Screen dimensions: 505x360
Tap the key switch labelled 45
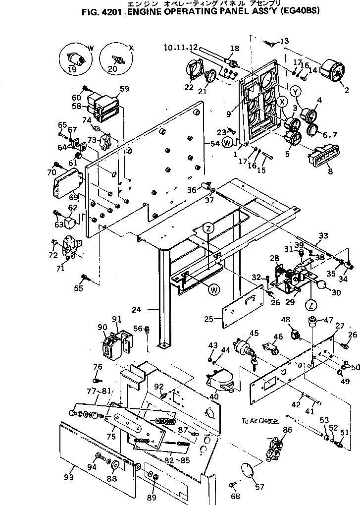pyautogui.click(x=232, y=345)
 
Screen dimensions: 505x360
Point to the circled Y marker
pyautogui.click(x=296, y=91)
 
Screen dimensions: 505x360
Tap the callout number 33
pyautogui.click(x=323, y=235)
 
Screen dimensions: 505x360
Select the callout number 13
pyautogui.click(x=284, y=41)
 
